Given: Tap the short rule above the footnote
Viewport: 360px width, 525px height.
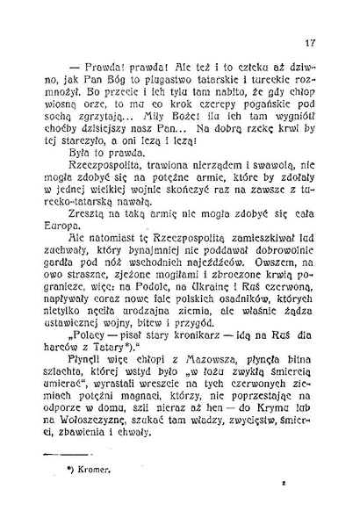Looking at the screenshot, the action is pyautogui.click(x=54, y=453).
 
